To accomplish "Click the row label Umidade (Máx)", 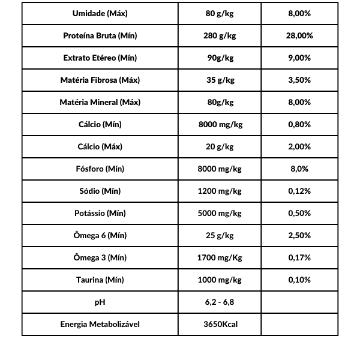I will pyautogui.click(x=100, y=13).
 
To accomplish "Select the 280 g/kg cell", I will pyautogui.click(x=220, y=35).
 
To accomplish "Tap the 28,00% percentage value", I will pyautogui.click(x=299, y=35).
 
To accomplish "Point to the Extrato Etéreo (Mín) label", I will pyautogui.click(x=100, y=58).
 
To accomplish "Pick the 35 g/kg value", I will pyautogui.click(x=220, y=80).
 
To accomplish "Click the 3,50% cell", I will pyautogui.click(x=299, y=80).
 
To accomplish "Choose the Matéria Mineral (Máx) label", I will pyautogui.click(x=100, y=102).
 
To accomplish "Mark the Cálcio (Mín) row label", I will pyautogui.click(x=100, y=124).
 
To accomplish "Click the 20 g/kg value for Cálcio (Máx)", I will pyautogui.click(x=220, y=146).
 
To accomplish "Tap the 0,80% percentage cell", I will pyautogui.click(x=299, y=124).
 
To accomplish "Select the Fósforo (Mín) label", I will pyautogui.click(x=100, y=169).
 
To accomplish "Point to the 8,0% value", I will pyautogui.click(x=299, y=169).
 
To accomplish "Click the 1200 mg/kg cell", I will pyautogui.click(x=220, y=191).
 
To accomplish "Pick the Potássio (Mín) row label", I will pyautogui.click(x=100, y=213).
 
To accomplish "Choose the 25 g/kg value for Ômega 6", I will pyautogui.click(x=220, y=235).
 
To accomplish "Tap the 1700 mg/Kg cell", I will pyautogui.click(x=220, y=257).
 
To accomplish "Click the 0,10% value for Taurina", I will pyautogui.click(x=299, y=280).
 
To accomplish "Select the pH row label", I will pyautogui.click(x=100, y=302).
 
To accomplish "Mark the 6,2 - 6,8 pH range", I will pyautogui.click(x=220, y=302).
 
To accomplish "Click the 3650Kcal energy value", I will pyautogui.click(x=220, y=324).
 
